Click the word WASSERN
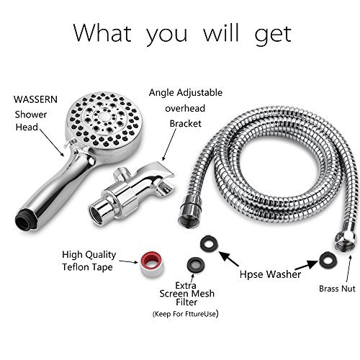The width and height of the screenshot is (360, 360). pyautogui.click(x=35, y=99)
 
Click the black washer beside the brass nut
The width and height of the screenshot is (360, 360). pyautogui.click(x=328, y=259)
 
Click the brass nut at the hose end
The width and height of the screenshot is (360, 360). pyautogui.click(x=344, y=240)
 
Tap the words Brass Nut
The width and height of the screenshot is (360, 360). pyautogui.click(x=337, y=289)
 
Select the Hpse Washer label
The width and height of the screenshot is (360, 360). pyautogui.click(x=270, y=274)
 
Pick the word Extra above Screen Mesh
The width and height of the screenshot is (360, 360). pyautogui.click(x=186, y=286)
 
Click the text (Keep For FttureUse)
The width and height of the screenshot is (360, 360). pyautogui.click(x=185, y=313)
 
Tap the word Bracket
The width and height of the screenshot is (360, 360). pyautogui.click(x=185, y=124)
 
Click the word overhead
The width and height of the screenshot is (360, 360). pyautogui.click(x=185, y=109)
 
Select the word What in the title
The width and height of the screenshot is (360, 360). pyautogui.click(x=102, y=33)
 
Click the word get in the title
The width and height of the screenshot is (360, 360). pyautogui.click(x=273, y=35)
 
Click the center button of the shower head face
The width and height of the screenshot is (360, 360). pyautogui.click(x=104, y=117)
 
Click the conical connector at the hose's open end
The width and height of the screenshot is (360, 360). pyautogui.click(x=189, y=210)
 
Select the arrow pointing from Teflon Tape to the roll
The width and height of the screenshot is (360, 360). pyautogui.click(x=129, y=261)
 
